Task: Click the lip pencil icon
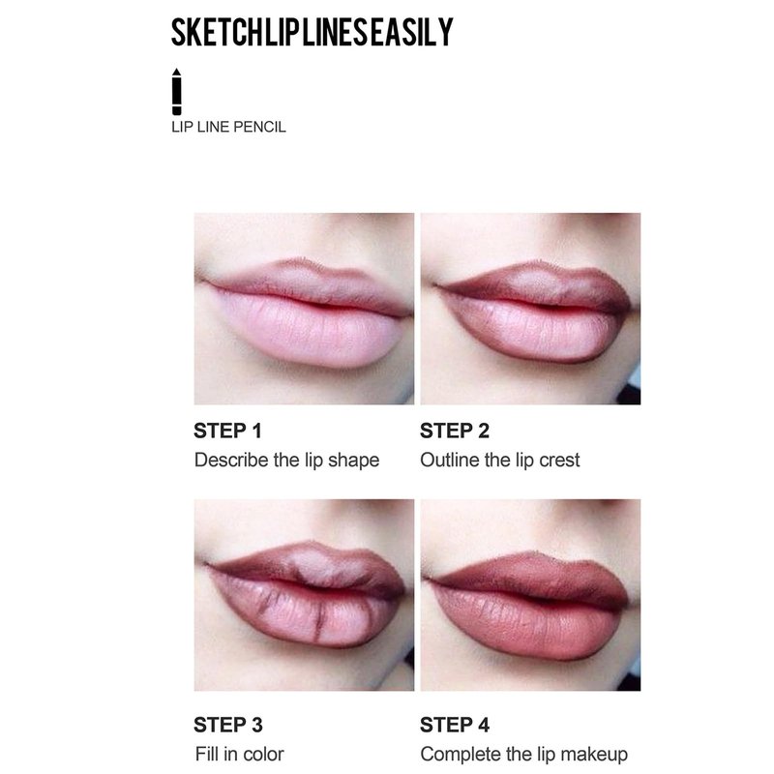[177, 91]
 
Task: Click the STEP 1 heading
[227, 431]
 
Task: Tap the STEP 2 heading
[454, 431]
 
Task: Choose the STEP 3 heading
[227, 725]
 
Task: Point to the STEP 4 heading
[454, 725]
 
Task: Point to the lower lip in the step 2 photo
[533, 331]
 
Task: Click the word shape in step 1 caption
[353, 461]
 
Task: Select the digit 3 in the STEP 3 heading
[256, 725]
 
